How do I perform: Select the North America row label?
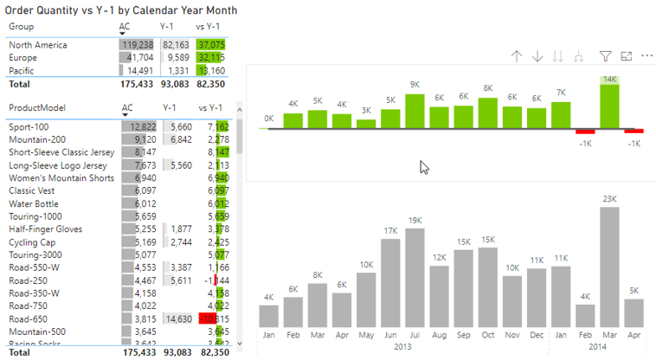(x=38, y=44)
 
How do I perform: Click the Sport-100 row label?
(x=29, y=126)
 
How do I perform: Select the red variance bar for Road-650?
(x=208, y=318)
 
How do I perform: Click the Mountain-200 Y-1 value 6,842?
(x=177, y=139)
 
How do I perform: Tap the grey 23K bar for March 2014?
(x=609, y=267)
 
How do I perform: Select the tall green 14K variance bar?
(x=610, y=102)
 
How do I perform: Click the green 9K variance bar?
(x=415, y=111)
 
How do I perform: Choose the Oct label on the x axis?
(x=488, y=335)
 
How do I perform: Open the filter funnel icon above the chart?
(x=606, y=56)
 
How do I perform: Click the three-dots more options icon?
(x=646, y=56)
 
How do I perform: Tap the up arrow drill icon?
(x=517, y=56)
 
